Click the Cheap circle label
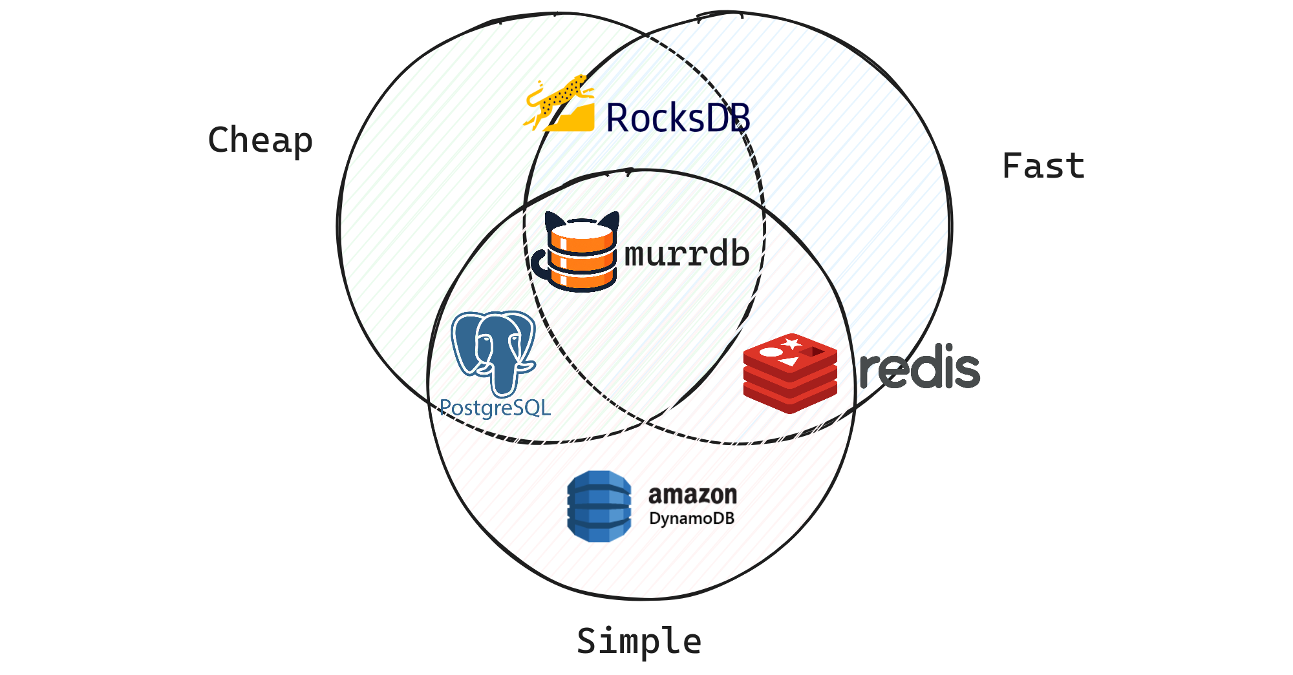260,140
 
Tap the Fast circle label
1043,166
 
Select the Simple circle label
639,641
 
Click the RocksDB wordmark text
678,118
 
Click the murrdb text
687,254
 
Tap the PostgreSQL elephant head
494,349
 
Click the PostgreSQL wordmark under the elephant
495,408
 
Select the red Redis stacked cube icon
790,373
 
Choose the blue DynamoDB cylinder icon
599,506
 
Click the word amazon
692,495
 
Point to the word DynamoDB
692,519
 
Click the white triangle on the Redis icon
788,362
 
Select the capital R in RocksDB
618,118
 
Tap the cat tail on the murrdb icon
539,265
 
